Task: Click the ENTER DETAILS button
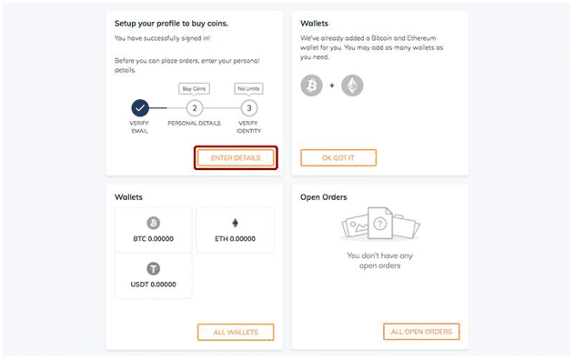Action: point(236,158)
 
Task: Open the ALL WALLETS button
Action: point(236,332)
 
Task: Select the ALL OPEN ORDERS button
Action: point(421,332)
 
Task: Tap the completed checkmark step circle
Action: point(140,108)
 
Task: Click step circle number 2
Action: point(195,108)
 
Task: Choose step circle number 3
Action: point(249,108)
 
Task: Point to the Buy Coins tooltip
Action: point(194,89)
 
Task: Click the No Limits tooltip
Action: point(248,89)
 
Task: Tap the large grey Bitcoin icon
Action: point(311,85)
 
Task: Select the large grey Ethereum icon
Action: point(352,85)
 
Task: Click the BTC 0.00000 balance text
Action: point(154,239)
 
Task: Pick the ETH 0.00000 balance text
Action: point(235,239)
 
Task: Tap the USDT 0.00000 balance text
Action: point(154,285)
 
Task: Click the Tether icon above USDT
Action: point(154,269)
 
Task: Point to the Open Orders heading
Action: point(324,197)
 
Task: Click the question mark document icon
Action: point(380,223)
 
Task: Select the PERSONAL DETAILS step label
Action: point(194,124)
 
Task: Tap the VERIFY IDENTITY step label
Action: point(248,127)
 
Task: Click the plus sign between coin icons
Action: point(332,85)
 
